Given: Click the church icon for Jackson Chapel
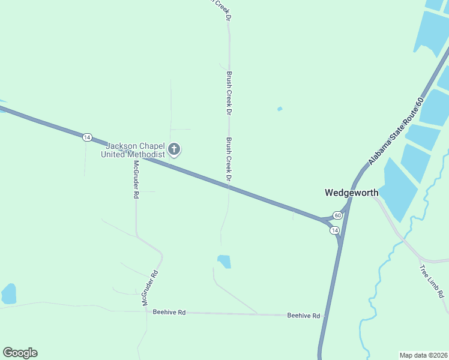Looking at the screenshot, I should (x=174, y=148).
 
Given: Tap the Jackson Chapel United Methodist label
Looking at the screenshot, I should (x=136, y=150).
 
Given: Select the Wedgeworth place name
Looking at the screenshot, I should (x=352, y=193).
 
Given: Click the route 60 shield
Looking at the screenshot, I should (x=338, y=215).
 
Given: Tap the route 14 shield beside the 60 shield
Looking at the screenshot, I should (x=334, y=230).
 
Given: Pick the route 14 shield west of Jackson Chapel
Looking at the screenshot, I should (x=87, y=137).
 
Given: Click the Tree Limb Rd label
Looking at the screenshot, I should (x=432, y=281).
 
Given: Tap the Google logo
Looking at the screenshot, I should (x=20, y=353).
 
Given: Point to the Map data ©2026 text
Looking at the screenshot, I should (x=423, y=355).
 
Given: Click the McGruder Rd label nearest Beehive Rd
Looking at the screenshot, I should (x=149, y=289).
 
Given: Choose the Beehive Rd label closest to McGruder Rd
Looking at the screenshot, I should (x=169, y=312).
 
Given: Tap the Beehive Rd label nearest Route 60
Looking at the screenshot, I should (x=303, y=315).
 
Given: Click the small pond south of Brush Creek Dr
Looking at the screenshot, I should (x=224, y=262).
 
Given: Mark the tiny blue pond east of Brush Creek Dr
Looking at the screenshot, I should (x=280, y=109).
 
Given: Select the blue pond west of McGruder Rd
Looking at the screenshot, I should (x=9, y=293).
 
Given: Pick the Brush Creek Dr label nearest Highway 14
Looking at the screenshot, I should (x=229, y=160).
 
